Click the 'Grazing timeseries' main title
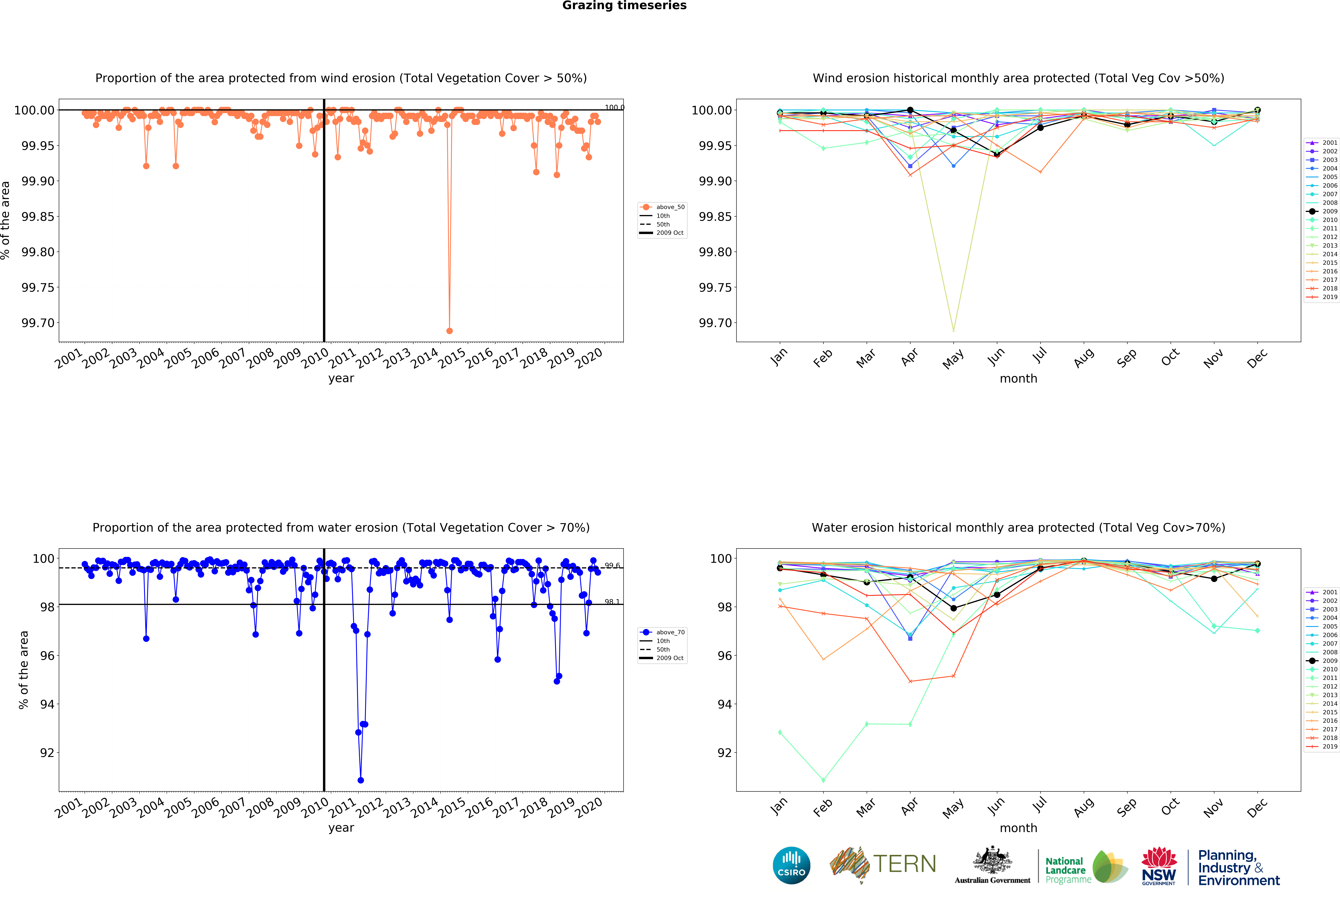tap(624, 6)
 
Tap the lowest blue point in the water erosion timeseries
tap(361, 780)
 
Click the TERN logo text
tap(904, 864)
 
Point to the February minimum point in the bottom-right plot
tap(823, 780)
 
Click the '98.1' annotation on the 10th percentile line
tap(612, 602)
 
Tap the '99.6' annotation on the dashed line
tap(612, 565)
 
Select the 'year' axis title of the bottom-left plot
tap(341, 828)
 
